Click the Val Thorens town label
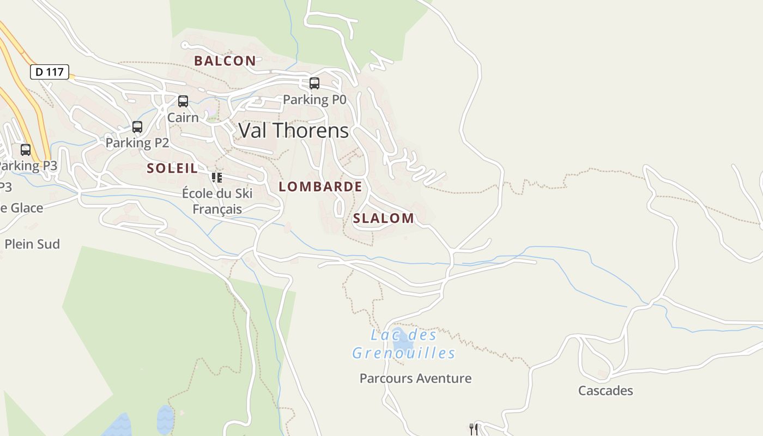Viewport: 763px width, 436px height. (x=294, y=131)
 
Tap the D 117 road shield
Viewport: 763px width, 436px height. (x=50, y=71)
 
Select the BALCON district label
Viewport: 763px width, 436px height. (x=225, y=61)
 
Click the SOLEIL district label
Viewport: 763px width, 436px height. (x=172, y=168)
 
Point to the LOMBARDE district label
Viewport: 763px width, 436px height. (x=320, y=186)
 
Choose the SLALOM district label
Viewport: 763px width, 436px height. (x=384, y=219)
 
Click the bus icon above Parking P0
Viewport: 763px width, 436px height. (x=314, y=83)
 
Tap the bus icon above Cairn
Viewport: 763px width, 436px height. (x=183, y=101)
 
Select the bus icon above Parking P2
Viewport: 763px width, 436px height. (x=137, y=127)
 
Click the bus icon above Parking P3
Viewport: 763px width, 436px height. (x=26, y=150)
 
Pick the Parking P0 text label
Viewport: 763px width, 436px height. (x=314, y=100)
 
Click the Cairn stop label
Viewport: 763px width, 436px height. (x=183, y=117)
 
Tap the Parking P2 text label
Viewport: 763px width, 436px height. (x=137, y=143)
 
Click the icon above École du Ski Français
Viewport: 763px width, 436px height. (x=217, y=178)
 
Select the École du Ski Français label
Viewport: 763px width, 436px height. (x=217, y=201)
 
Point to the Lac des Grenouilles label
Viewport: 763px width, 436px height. (x=404, y=344)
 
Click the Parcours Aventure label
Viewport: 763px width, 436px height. (x=415, y=378)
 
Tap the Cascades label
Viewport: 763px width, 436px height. (x=605, y=391)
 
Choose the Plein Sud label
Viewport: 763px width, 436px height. (x=32, y=244)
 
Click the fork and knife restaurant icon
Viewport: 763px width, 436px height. (x=474, y=429)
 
